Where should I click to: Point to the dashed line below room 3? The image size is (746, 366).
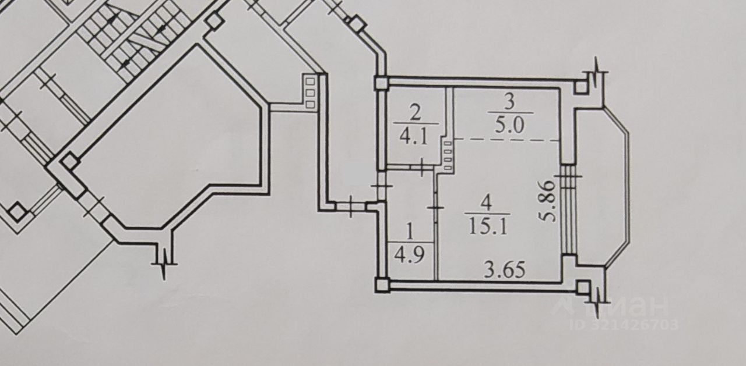pos(507,140)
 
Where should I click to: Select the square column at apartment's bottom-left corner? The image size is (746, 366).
pos(381,285)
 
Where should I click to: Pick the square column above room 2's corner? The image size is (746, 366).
pos(381,84)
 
